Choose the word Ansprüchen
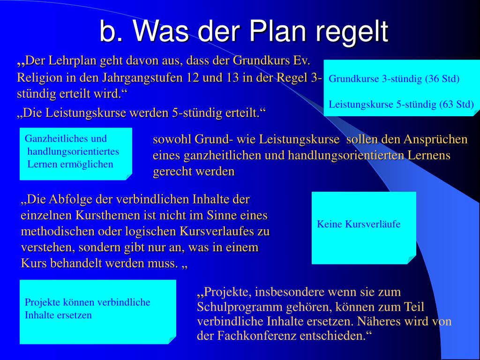[x=435, y=140]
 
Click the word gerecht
[x=173, y=172]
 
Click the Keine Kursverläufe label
[x=359, y=224]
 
